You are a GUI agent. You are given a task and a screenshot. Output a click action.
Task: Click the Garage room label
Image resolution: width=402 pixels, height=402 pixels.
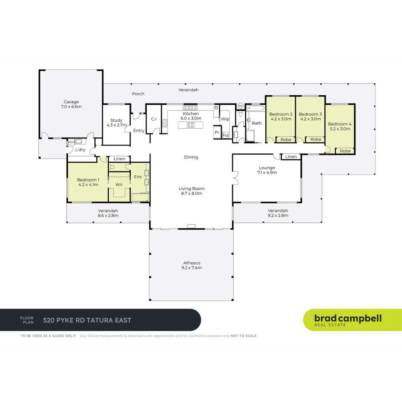coord(71,102)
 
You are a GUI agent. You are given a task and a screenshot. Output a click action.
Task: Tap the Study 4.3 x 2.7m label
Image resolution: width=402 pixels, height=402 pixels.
coord(117,122)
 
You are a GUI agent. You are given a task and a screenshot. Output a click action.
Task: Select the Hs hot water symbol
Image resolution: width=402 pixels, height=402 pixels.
coord(240,106)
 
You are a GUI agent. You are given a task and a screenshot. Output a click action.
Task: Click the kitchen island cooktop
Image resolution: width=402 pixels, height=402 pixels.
coord(191,125)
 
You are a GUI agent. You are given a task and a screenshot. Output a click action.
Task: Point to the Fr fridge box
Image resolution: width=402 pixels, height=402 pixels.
coord(217,132)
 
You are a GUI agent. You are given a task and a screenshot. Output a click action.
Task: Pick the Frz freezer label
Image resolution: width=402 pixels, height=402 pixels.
coord(225,135)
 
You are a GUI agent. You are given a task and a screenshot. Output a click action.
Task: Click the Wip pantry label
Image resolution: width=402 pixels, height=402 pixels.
coord(225,119)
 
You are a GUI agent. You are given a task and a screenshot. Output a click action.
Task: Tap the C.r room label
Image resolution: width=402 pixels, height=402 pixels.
coord(154,119)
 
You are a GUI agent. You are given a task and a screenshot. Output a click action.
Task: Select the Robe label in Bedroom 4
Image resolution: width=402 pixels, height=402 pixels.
coord(345,151)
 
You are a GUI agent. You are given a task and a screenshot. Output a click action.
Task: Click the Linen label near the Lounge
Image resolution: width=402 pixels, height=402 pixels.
coord(291,157)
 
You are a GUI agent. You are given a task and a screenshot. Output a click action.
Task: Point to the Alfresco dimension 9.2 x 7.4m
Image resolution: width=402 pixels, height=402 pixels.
coord(192,268)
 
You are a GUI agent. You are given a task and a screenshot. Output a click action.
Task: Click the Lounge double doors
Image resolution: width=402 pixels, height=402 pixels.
coord(235,178)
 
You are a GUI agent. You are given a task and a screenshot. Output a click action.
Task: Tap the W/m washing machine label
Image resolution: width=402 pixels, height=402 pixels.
coord(71,142)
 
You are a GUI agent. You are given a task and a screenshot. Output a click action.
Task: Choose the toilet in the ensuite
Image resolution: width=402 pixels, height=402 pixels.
coord(112,167)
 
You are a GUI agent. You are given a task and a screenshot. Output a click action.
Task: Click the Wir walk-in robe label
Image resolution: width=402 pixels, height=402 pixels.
coord(119,185)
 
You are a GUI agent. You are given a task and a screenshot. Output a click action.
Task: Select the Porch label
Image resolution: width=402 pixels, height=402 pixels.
coord(138,94)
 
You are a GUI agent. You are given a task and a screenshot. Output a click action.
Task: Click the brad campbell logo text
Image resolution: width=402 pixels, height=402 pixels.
coord(348,318)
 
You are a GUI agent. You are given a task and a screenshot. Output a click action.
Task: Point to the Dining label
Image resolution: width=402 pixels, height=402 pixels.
coord(191,157)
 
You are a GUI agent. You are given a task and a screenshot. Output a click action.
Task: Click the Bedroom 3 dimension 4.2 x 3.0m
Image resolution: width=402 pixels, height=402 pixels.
coord(310,119)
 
